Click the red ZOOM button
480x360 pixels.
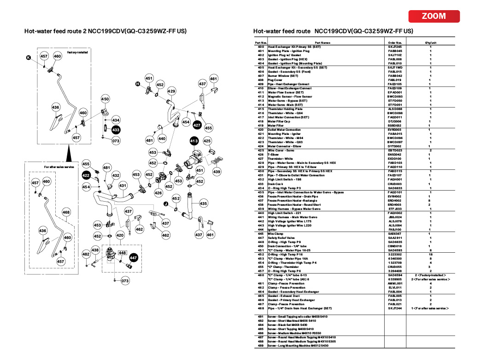point(434,16)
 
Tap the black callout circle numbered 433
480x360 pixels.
point(116,131)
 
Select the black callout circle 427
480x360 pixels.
point(197,125)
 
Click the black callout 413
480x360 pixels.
point(193,141)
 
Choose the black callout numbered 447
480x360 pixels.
point(134,258)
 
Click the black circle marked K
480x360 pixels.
point(28,58)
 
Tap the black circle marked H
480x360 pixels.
point(137,83)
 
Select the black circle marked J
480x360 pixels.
point(165,203)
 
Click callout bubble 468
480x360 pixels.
point(66,212)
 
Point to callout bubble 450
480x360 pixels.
point(105,99)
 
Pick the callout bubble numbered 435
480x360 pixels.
point(203,203)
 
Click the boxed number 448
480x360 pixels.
point(122,253)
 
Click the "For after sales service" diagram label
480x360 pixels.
point(59,166)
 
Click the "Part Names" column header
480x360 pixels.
point(322,42)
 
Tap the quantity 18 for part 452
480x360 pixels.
point(430,254)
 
